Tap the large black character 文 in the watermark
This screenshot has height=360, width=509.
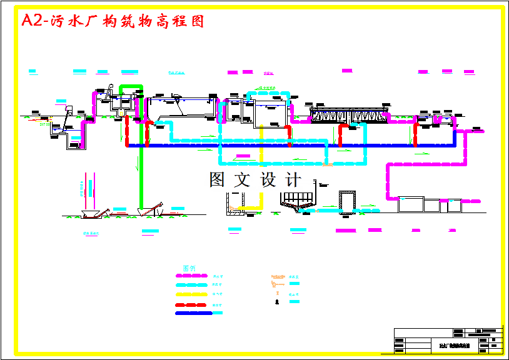click(241, 180)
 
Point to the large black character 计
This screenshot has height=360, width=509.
click(293, 180)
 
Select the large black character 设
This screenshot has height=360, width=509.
click(268, 180)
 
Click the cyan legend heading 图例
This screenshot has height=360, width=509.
click(189, 267)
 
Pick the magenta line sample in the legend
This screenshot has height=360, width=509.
click(191, 275)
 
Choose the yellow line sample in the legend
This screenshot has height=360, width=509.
click(191, 294)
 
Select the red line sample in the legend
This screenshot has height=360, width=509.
click(191, 304)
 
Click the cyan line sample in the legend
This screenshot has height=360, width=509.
click(191, 284)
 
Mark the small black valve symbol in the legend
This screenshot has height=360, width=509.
click(276, 302)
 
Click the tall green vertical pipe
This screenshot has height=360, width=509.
click(141, 150)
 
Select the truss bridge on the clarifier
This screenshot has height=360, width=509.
click(350, 116)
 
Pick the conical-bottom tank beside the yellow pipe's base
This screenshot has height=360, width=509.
click(296, 201)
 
